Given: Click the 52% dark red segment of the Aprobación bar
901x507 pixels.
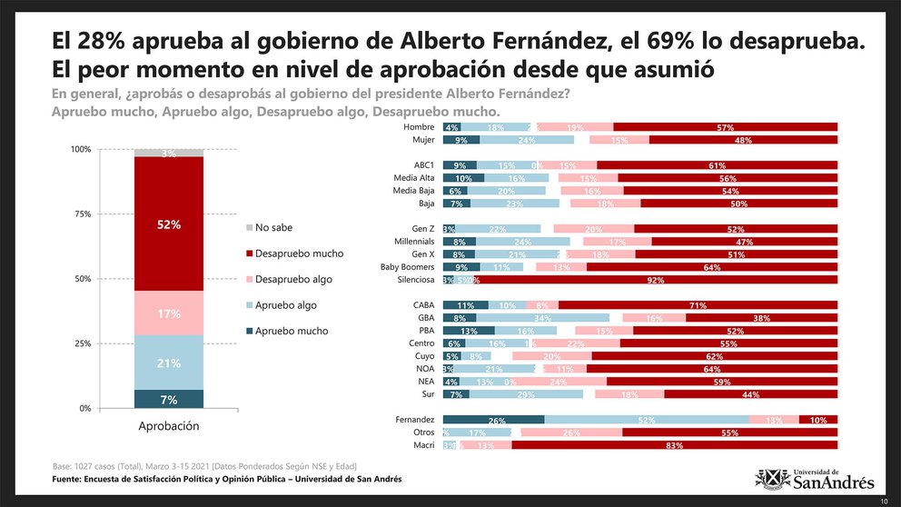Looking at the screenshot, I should click(x=169, y=224).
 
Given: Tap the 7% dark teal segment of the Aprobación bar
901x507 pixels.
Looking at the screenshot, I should click(x=169, y=399).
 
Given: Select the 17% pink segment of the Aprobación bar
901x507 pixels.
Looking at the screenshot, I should click(x=169, y=313).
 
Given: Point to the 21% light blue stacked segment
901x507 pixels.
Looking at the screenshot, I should click(x=169, y=363).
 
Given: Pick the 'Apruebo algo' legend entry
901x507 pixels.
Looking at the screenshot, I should click(x=285, y=305).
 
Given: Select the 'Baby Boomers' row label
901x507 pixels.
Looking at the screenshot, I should click(x=409, y=267).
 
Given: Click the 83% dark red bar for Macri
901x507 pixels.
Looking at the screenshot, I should click(x=674, y=445).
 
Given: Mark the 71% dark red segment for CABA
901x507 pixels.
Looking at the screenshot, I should click(x=698, y=305).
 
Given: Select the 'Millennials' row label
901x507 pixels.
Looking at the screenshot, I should click(x=412, y=242).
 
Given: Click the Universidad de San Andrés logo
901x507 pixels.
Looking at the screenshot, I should click(x=815, y=478).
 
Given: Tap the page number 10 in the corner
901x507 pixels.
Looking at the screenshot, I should click(x=884, y=501).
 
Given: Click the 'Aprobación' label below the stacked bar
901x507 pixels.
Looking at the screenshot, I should click(x=169, y=425).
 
